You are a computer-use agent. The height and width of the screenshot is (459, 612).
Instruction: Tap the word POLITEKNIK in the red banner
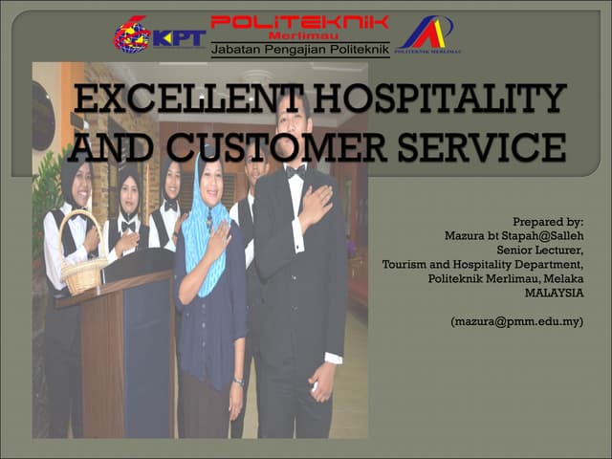pos(299,21)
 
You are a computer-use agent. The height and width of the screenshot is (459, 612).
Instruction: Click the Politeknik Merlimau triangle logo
pos(427,34)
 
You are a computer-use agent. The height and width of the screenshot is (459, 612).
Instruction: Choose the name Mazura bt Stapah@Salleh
pos(514,236)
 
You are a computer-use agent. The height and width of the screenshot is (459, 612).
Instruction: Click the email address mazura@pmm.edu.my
pos(516,322)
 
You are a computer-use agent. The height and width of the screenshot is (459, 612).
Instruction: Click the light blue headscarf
pos(200,215)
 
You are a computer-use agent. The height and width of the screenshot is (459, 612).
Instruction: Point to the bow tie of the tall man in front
pos(296,172)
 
